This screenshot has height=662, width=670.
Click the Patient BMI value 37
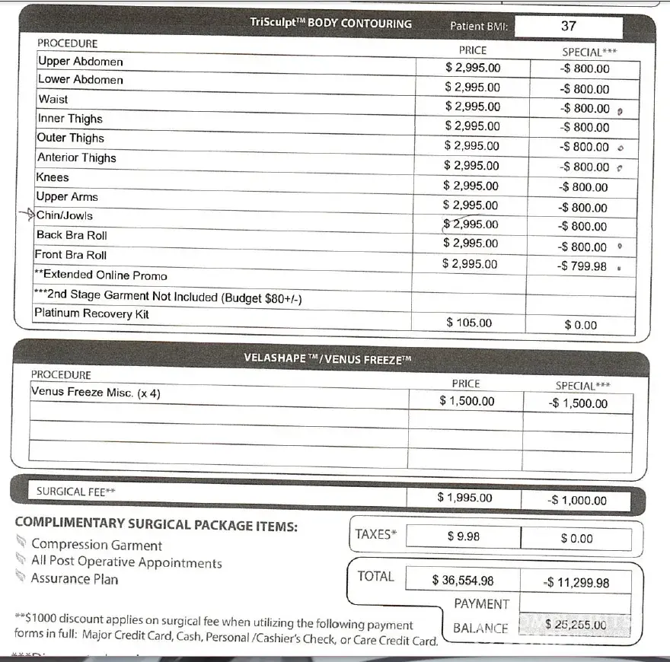point(568,26)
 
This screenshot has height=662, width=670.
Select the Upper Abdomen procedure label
point(80,62)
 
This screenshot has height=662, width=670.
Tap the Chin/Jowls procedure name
point(65,215)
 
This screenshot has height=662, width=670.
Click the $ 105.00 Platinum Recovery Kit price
point(469,323)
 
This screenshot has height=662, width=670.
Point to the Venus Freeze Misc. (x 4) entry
point(95,393)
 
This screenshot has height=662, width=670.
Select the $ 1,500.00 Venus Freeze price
point(467,401)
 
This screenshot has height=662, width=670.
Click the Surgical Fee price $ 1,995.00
point(464,498)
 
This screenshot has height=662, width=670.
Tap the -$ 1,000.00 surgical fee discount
point(577,501)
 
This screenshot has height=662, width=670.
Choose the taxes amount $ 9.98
point(463,536)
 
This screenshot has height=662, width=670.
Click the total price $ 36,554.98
point(463,581)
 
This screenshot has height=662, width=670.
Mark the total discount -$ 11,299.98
point(576,583)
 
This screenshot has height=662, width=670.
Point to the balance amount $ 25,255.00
point(576,625)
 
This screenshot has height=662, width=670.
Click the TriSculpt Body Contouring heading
point(330,24)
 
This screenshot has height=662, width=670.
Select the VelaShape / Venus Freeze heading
point(327,358)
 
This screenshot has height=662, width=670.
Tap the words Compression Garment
point(97,545)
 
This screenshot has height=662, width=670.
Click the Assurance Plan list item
point(75,579)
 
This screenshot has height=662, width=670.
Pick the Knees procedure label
point(53,177)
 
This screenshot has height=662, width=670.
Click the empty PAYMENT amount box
point(576,603)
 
